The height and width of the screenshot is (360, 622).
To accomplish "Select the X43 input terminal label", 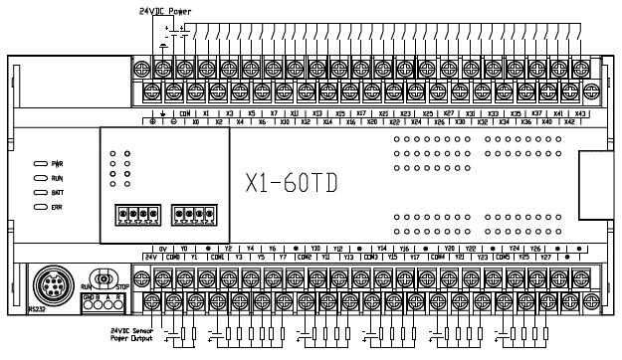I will [581, 113].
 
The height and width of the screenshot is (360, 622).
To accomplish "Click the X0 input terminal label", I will [196, 121].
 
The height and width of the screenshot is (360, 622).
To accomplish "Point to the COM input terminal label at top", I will [184, 113].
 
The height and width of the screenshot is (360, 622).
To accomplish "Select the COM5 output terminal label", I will [500, 257].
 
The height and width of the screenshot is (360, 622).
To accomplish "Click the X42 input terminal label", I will [569, 121].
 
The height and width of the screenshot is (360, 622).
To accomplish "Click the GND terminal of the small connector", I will [88, 297].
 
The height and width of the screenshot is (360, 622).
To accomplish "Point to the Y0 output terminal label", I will [185, 249].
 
